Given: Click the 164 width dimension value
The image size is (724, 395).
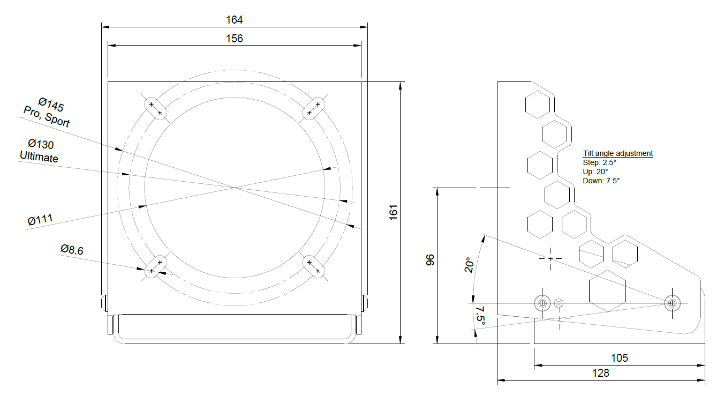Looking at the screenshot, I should pos(234,20).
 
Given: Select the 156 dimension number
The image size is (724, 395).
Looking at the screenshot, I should pos(234,39).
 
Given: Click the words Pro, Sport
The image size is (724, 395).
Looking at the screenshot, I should pos(46,116).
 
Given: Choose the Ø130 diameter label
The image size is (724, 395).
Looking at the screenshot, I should pos(41,144).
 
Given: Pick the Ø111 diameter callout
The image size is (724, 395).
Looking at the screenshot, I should pos(40,220).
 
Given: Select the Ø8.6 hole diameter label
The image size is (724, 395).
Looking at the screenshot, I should pos(72,249).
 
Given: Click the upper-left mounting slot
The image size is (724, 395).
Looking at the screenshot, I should pos(156,108).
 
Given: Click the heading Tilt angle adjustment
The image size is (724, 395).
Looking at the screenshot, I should pos(618,153).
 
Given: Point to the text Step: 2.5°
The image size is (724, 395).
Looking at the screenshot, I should pos(599,162).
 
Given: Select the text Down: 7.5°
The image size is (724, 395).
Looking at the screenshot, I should pos(601,181).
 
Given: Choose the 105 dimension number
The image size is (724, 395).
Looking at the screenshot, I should pos(619,357).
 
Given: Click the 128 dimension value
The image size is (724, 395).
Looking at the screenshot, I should pos(601,373).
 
